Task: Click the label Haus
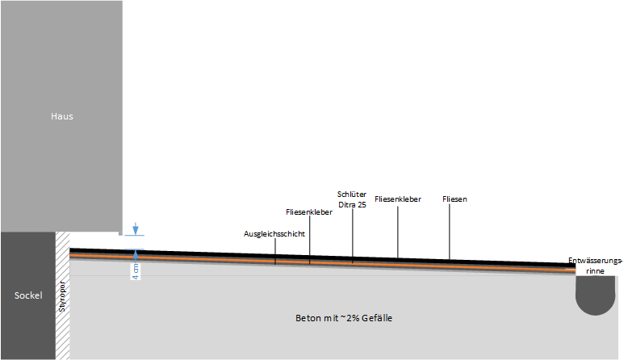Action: coord(61,116)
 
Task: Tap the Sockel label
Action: coord(27,296)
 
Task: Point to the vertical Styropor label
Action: coord(61,296)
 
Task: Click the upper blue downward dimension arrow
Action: coord(136,229)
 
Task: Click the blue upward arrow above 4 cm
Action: coord(136,254)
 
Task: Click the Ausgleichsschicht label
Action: coord(274,233)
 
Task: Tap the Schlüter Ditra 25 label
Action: coord(352,199)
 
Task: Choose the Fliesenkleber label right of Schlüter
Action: coord(398,199)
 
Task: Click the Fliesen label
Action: coord(455,199)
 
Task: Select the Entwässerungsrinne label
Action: coord(596,266)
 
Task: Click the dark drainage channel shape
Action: coord(596,295)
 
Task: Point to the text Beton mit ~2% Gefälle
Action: coord(344,319)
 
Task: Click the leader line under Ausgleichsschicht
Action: coord(274,250)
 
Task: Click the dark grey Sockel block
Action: coord(27,323)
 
